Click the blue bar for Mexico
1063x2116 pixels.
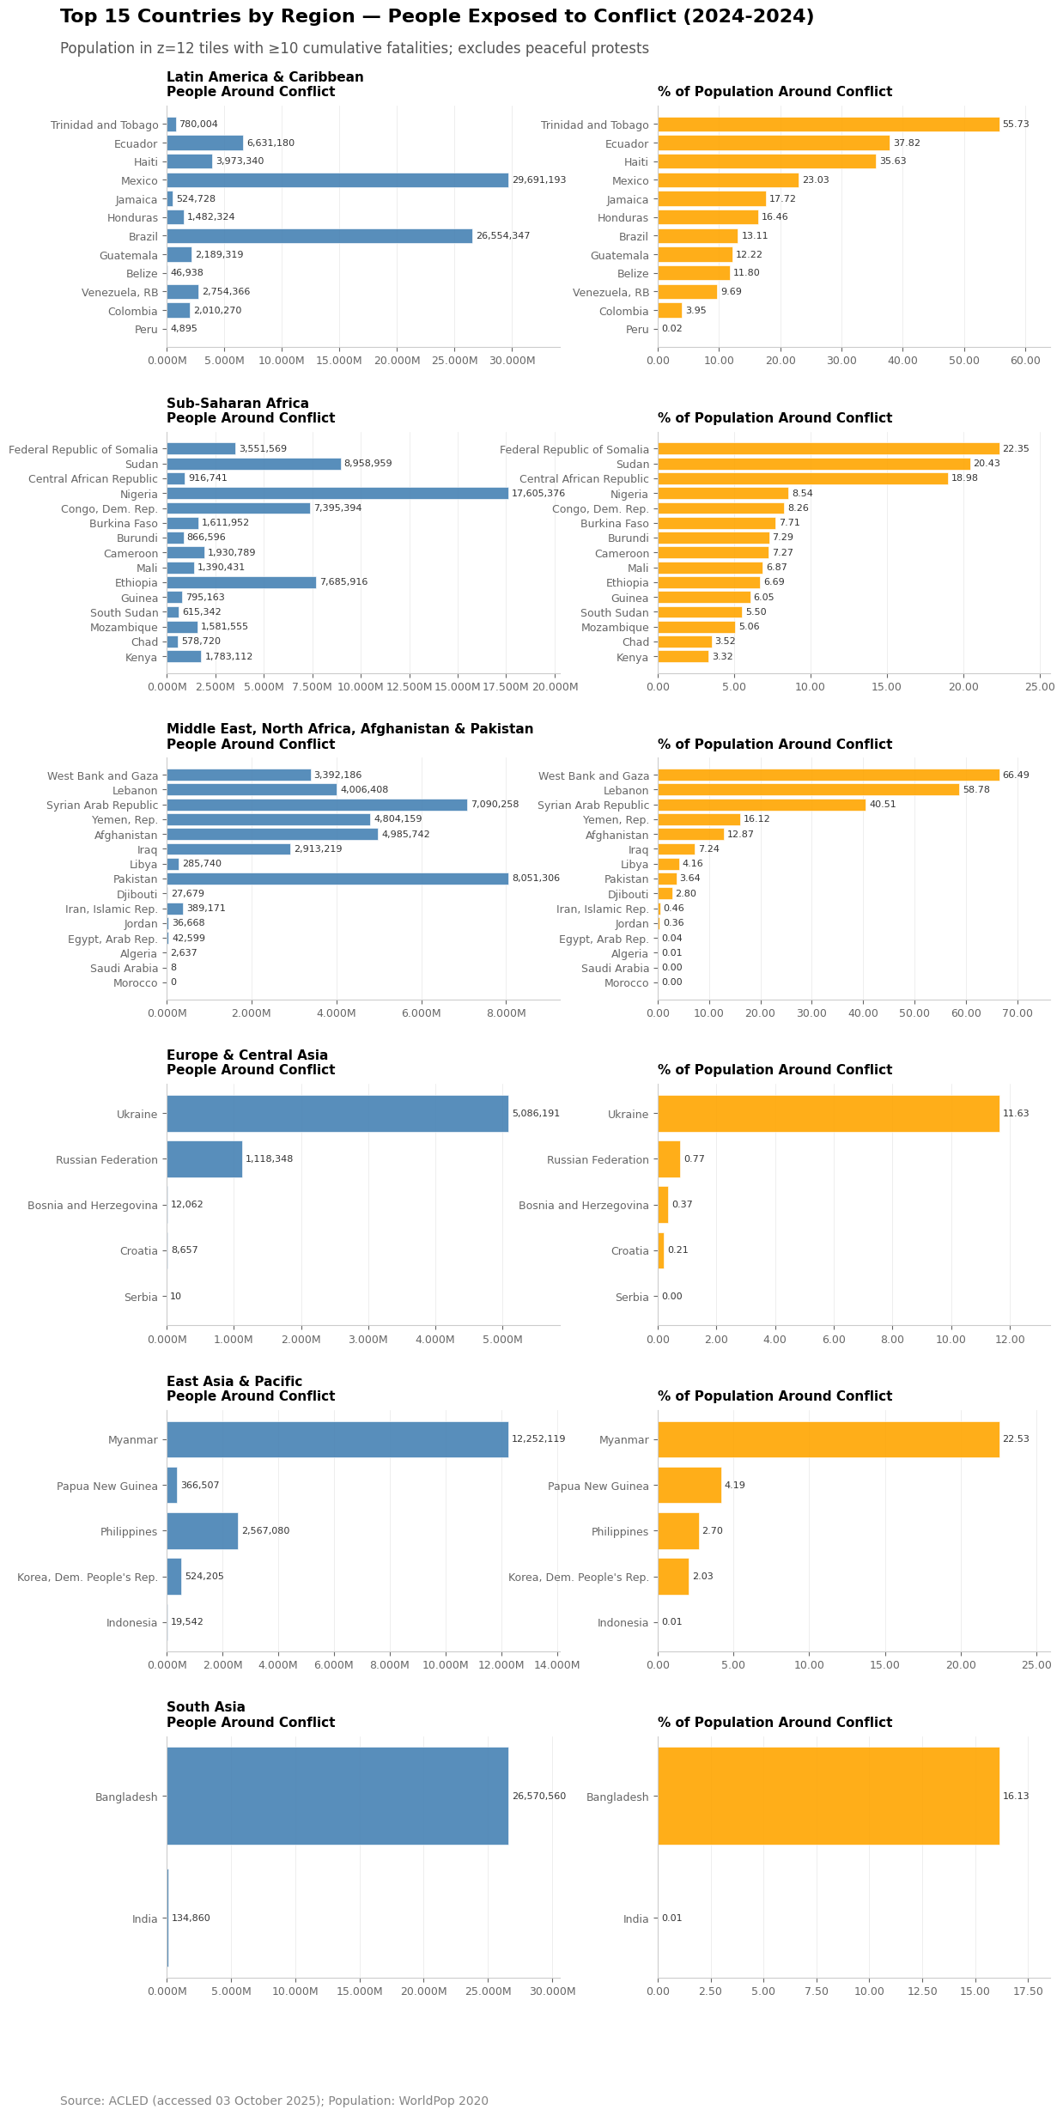point(337,180)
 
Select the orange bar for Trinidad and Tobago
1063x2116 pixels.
point(828,125)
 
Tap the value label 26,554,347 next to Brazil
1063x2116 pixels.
point(502,236)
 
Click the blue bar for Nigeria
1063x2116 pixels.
point(337,494)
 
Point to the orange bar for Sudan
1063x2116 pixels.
point(813,464)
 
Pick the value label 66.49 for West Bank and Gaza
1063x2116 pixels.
point(1016,775)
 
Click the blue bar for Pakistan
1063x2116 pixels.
point(337,879)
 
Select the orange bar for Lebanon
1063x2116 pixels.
point(808,790)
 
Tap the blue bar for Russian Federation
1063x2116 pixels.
point(204,1159)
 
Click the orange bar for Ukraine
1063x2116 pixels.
point(828,1114)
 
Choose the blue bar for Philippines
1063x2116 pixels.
point(202,1531)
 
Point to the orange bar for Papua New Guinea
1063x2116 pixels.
point(689,1486)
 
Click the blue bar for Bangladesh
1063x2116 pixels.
point(337,1797)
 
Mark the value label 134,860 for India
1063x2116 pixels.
point(191,1918)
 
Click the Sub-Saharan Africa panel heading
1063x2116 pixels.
point(238,404)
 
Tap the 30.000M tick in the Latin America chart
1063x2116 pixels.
point(512,361)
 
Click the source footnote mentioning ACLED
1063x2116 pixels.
point(274,2101)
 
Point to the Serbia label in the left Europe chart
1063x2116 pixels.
point(141,1297)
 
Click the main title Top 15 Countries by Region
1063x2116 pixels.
point(436,17)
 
